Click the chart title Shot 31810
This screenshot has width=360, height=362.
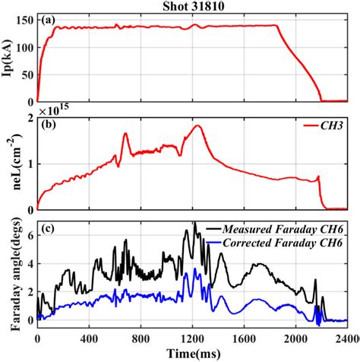[x=191, y=6]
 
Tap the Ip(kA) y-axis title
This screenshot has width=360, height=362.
[x=8, y=57]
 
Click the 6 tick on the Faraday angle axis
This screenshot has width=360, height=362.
[x=29, y=236]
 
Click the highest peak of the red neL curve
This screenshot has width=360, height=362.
[x=198, y=126]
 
